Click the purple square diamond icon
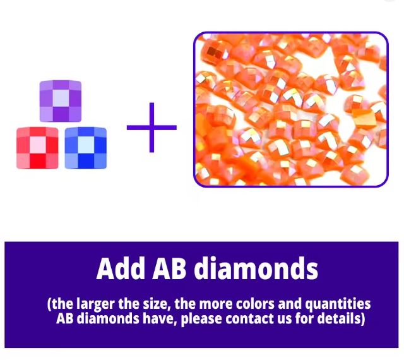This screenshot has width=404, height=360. coord(61,101)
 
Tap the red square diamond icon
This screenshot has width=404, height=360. coord(37,148)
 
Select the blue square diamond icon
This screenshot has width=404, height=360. coord(86,148)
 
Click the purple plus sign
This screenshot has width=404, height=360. coord(151,128)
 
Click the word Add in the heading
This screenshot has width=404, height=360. coord(121,268)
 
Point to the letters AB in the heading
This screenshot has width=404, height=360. coord(169,268)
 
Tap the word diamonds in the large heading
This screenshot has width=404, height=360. coord(256,268)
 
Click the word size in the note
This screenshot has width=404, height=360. coord(156,304)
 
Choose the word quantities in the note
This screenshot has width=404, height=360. coord(338,304)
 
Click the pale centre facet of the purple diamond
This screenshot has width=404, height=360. coord(61,98)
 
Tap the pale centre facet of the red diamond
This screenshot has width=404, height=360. coord(38,145)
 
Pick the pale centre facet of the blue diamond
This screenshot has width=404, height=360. coord(86,145)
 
